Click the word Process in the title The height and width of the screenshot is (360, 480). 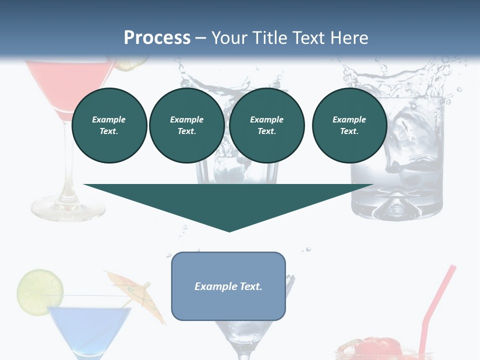(157, 38)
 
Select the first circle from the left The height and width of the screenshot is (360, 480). (109, 125)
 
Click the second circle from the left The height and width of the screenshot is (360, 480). (186, 125)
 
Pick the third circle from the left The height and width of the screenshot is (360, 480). (266, 125)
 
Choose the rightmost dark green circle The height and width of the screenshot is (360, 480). (349, 125)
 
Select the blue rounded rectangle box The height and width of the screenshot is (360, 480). (228, 286)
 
